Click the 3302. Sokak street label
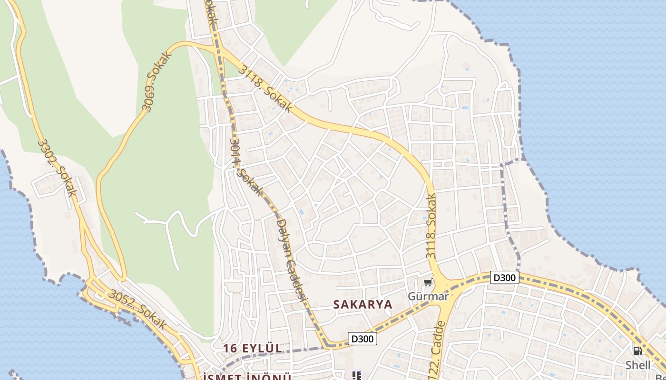57,168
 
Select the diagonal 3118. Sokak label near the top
266,88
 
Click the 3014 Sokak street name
246,168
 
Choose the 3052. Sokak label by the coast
138,310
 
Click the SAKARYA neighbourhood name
363,304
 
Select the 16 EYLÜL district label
253,348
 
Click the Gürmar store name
428,296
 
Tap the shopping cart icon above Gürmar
428,283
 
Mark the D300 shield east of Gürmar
504,277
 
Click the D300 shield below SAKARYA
362,338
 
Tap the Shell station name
638,365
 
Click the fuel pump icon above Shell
637,351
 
